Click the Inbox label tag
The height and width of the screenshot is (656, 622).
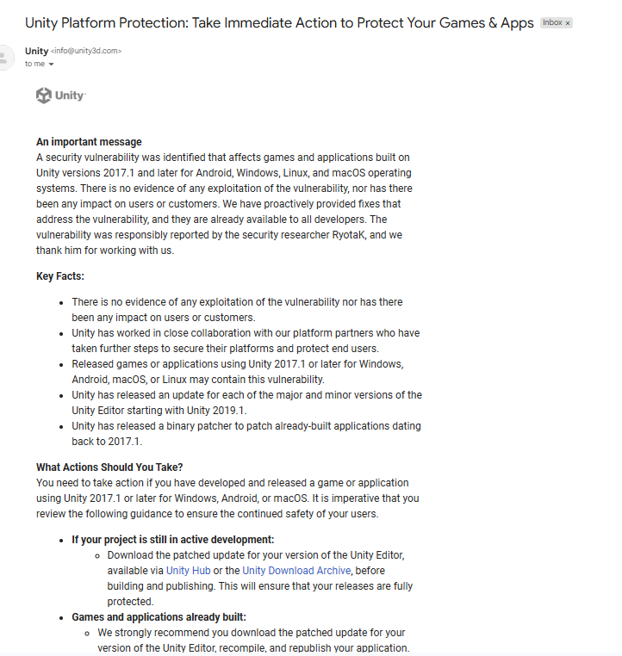[x=552, y=22]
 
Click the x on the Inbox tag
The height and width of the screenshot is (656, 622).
[x=568, y=23]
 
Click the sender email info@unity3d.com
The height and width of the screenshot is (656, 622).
[x=86, y=52]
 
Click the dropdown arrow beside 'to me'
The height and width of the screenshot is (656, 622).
[x=52, y=65]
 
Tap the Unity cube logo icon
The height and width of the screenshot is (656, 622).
[x=44, y=96]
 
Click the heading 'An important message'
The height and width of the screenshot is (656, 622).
[x=89, y=142]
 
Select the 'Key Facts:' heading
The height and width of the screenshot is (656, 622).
[x=60, y=276]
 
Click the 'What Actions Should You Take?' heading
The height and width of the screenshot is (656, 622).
[x=109, y=467]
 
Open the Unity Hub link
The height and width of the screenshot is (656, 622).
[x=189, y=571]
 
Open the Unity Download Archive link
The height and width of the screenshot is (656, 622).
[x=296, y=571]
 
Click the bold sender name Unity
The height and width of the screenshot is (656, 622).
[x=37, y=51]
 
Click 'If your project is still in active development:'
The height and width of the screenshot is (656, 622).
[x=172, y=540]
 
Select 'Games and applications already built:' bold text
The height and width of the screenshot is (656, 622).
[x=159, y=617]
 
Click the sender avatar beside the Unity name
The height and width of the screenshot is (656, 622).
[x=5, y=58]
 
